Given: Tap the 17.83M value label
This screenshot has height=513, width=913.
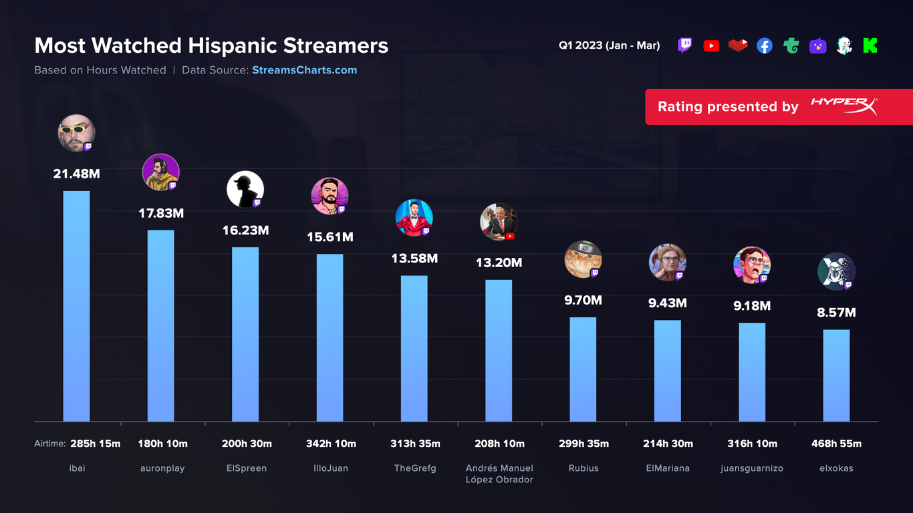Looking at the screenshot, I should coord(160,214).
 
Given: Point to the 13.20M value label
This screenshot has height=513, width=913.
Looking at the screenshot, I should coord(499,263).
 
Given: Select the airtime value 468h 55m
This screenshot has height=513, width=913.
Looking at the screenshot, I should coord(836,444).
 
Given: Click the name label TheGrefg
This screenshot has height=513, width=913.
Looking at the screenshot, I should coord(414,468).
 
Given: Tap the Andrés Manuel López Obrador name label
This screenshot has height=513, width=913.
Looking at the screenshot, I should coord(499,474).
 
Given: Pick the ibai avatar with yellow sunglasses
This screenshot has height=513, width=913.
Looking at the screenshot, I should coord(76,132).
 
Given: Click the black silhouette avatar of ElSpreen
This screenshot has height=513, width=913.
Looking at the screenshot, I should coord(245,189).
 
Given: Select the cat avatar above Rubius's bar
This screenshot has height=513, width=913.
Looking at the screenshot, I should coord(583,259).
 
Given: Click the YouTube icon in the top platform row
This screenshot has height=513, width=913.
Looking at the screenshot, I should coord(711,46).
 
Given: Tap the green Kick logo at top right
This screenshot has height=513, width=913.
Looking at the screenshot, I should coord(870,46).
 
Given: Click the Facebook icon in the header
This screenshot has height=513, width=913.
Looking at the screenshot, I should coord(765,46).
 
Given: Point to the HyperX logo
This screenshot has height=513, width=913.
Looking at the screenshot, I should coord(843,106).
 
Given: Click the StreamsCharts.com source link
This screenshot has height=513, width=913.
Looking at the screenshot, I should coord(304,70).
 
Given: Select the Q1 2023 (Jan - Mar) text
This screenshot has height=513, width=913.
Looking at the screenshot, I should coord(609,46).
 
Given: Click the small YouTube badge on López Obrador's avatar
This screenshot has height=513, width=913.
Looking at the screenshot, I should coord(510,236).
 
